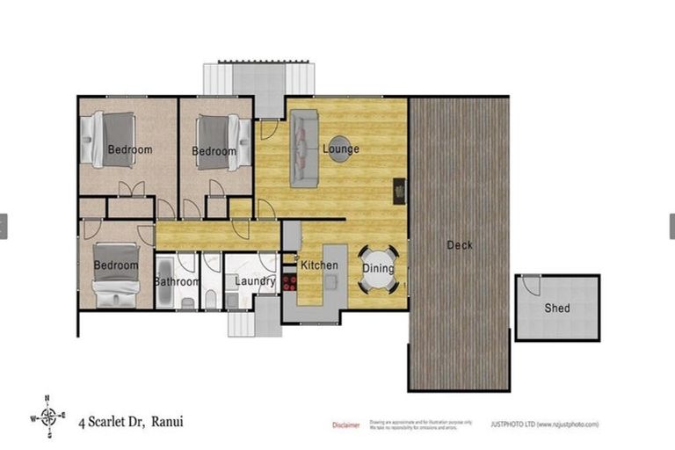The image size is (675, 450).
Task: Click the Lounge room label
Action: (x=340, y=149)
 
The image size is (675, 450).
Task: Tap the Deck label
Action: (x=460, y=245)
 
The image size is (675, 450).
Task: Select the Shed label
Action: (x=556, y=308)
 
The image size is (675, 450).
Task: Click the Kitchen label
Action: (x=319, y=265)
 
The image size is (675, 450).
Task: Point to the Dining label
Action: (x=378, y=269)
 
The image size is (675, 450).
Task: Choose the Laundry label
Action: (x=256, y=282)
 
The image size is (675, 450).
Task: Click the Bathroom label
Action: (x=178, y=282)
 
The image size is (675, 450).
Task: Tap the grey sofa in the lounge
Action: (x=303, y=148)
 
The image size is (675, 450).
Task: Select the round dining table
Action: (x=379, y=269)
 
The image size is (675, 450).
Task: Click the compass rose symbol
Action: (x=51, y=417)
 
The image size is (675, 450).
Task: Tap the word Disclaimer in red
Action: (x=345, y=425)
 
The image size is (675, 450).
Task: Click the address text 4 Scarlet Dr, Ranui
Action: (x=131, y=421)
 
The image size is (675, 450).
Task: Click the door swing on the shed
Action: (x=530, y=285)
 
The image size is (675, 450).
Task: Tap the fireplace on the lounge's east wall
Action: (x=400, y=189)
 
